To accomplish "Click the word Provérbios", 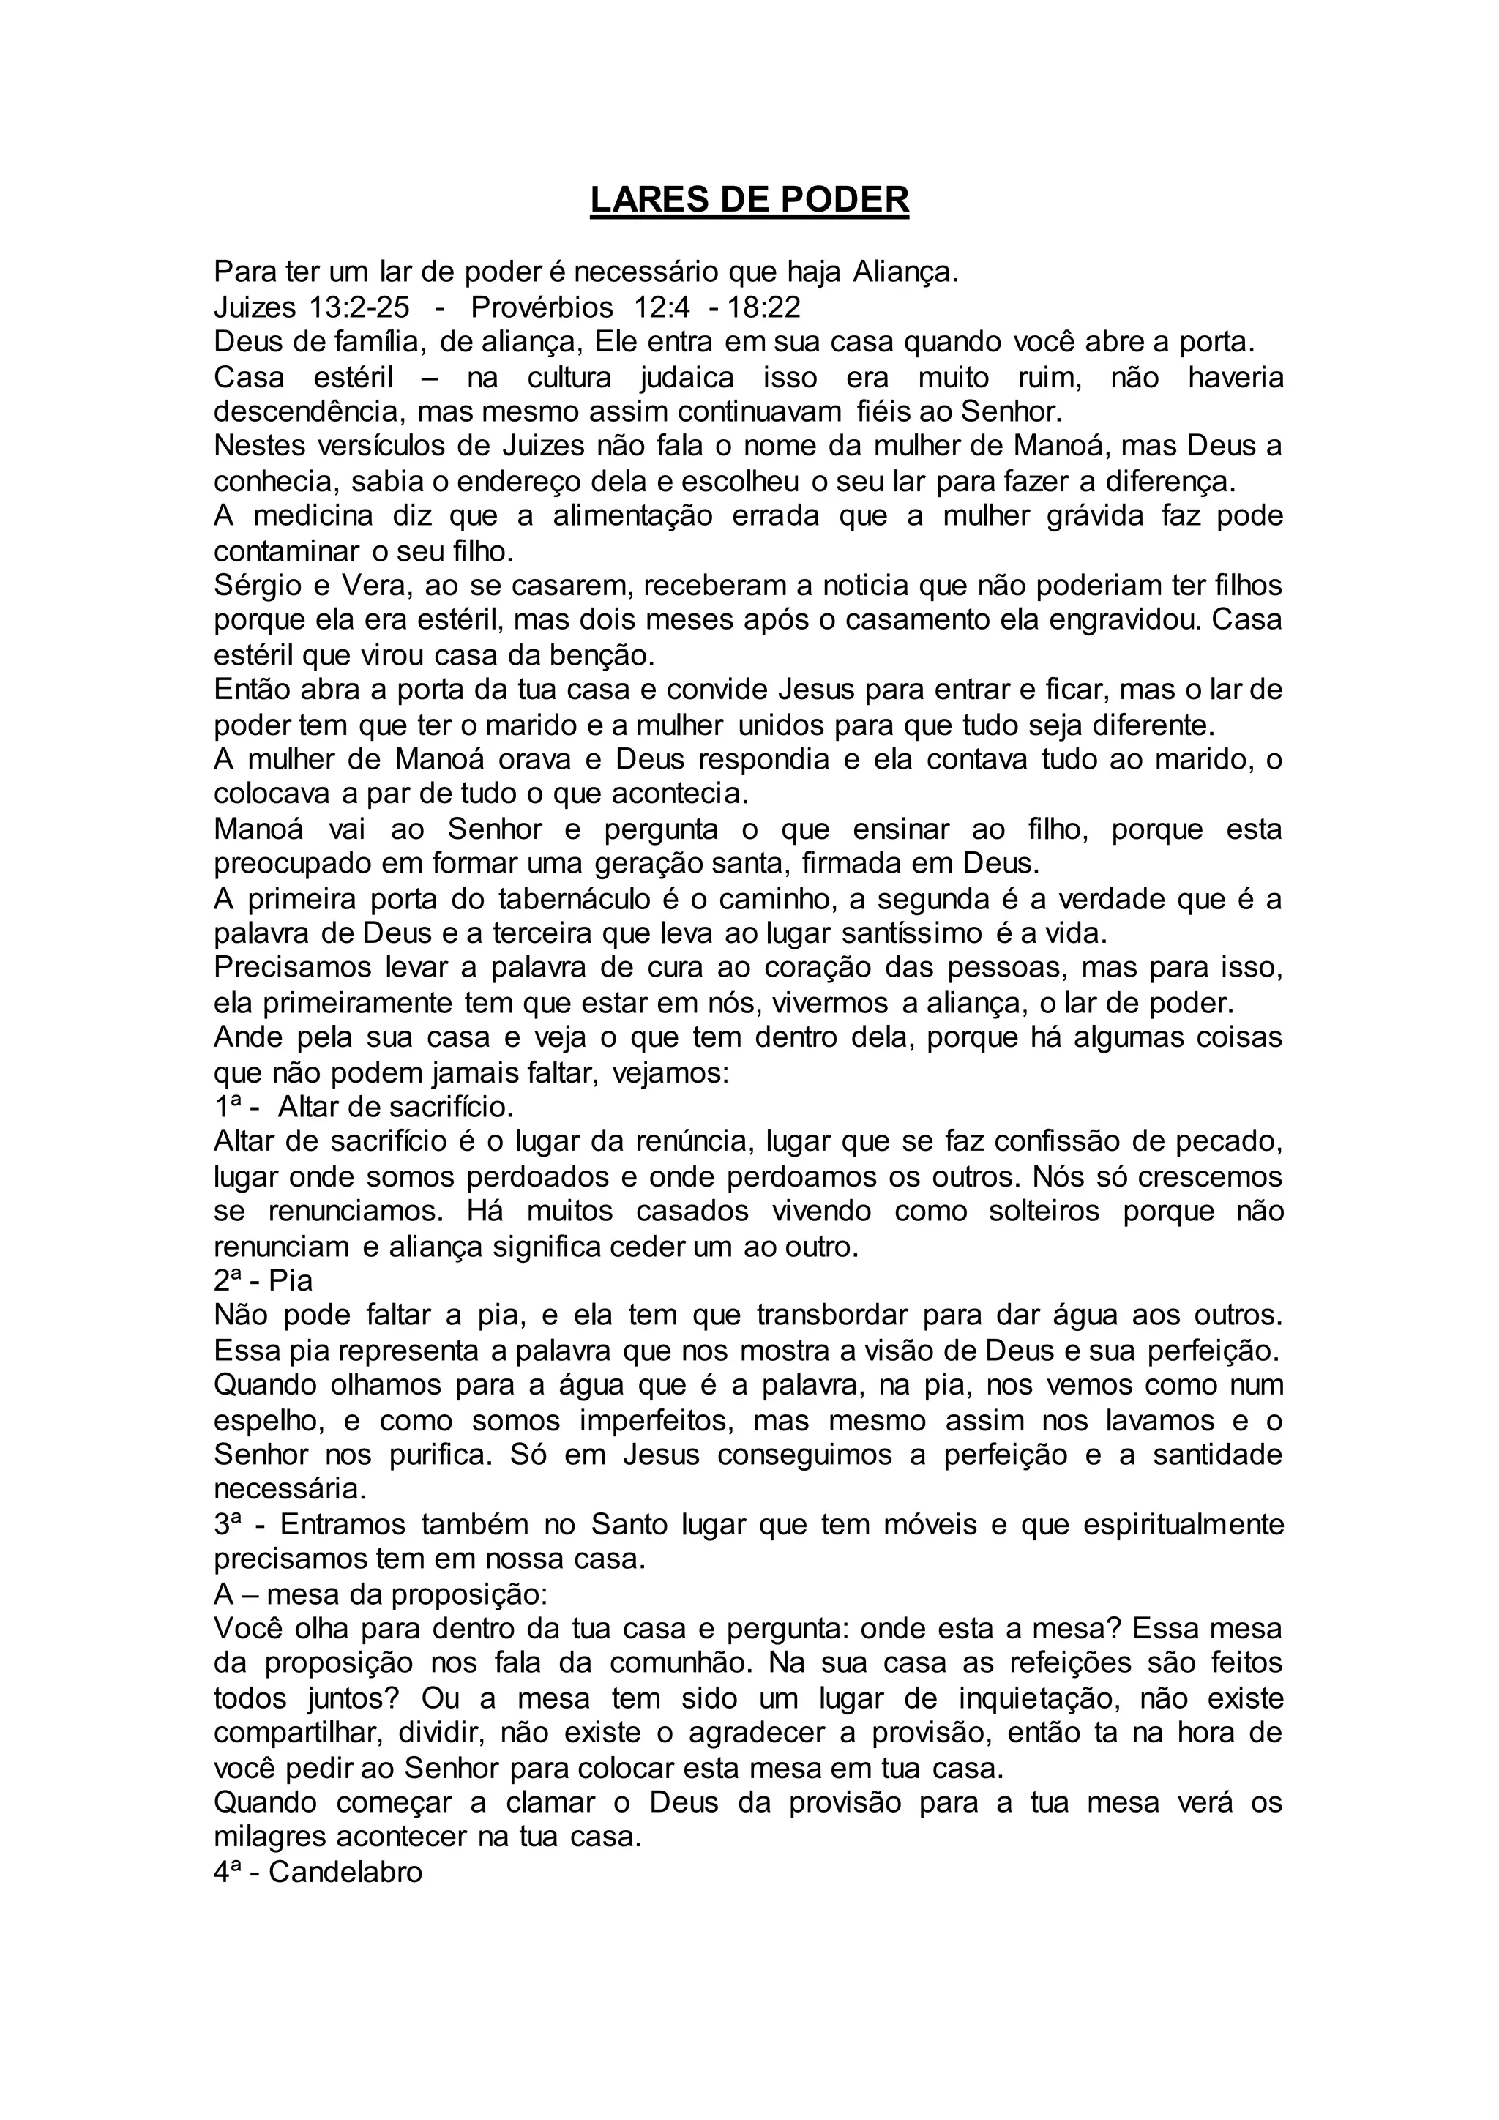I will click(x=542, y=307).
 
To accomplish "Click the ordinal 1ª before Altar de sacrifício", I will click(x=230, y=1106).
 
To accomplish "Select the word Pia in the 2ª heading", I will click(x=291, y=1280).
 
